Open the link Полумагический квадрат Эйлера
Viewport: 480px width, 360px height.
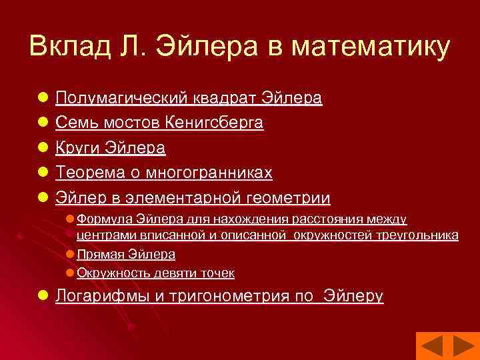point(189,99)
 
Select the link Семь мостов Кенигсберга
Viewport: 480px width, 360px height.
point(159,123)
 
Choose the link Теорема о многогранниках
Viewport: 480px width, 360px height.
point(164,173)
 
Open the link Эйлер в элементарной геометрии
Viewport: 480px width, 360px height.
point(193,198)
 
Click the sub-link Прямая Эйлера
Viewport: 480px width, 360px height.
point(126,254)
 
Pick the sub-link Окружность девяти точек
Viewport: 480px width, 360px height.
point(155,273)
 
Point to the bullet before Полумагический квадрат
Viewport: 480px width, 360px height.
point(42,99)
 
